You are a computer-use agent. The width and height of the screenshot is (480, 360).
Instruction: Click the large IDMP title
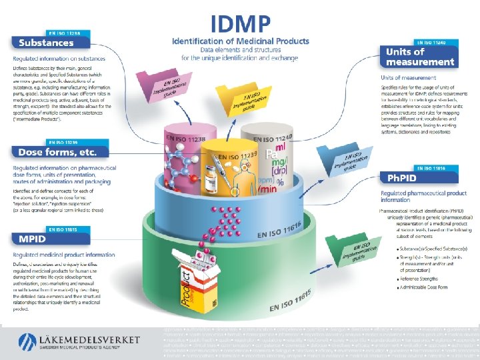pos(241,25)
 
